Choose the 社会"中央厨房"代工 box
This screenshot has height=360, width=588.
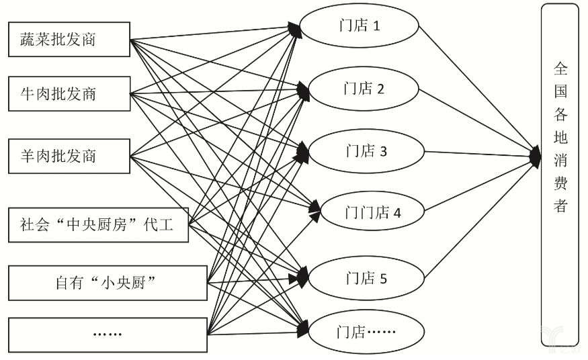coord(98,225)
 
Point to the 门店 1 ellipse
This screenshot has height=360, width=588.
coord(360,26)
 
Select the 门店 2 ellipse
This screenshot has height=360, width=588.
coord(364,89)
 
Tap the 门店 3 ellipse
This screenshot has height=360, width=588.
coord(366,151)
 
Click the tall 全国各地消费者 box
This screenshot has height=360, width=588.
coord(560,175)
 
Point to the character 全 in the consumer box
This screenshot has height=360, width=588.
coord(560,69)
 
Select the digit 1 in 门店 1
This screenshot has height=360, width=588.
coord(376,26)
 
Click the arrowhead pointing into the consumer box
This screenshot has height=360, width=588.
coord(536,156)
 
